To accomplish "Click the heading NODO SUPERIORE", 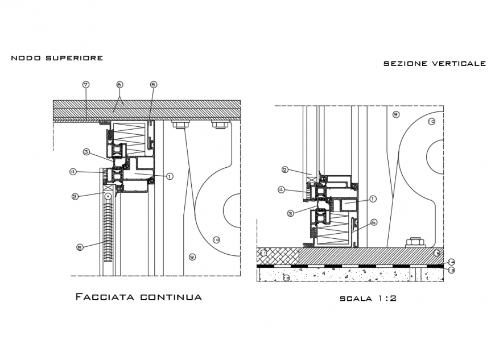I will [57, 58].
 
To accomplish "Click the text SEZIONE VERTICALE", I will [434, 64].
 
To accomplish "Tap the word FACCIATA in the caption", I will [105, 296].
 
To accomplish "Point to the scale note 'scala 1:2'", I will [368, 298].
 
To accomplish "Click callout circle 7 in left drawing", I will [85, 85].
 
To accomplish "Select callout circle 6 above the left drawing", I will [119, 85].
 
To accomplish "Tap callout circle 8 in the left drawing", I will [80, 246].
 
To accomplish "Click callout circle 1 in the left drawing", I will [169, 176].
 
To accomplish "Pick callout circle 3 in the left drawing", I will [86, 152].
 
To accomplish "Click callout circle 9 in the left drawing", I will [192, 257].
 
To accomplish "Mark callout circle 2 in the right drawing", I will [285, 169].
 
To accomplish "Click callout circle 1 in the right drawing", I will [373, 198].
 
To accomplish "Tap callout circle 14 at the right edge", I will [451, 262].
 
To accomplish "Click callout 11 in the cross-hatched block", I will [263, 253].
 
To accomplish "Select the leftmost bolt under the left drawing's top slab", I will [181, 125].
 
